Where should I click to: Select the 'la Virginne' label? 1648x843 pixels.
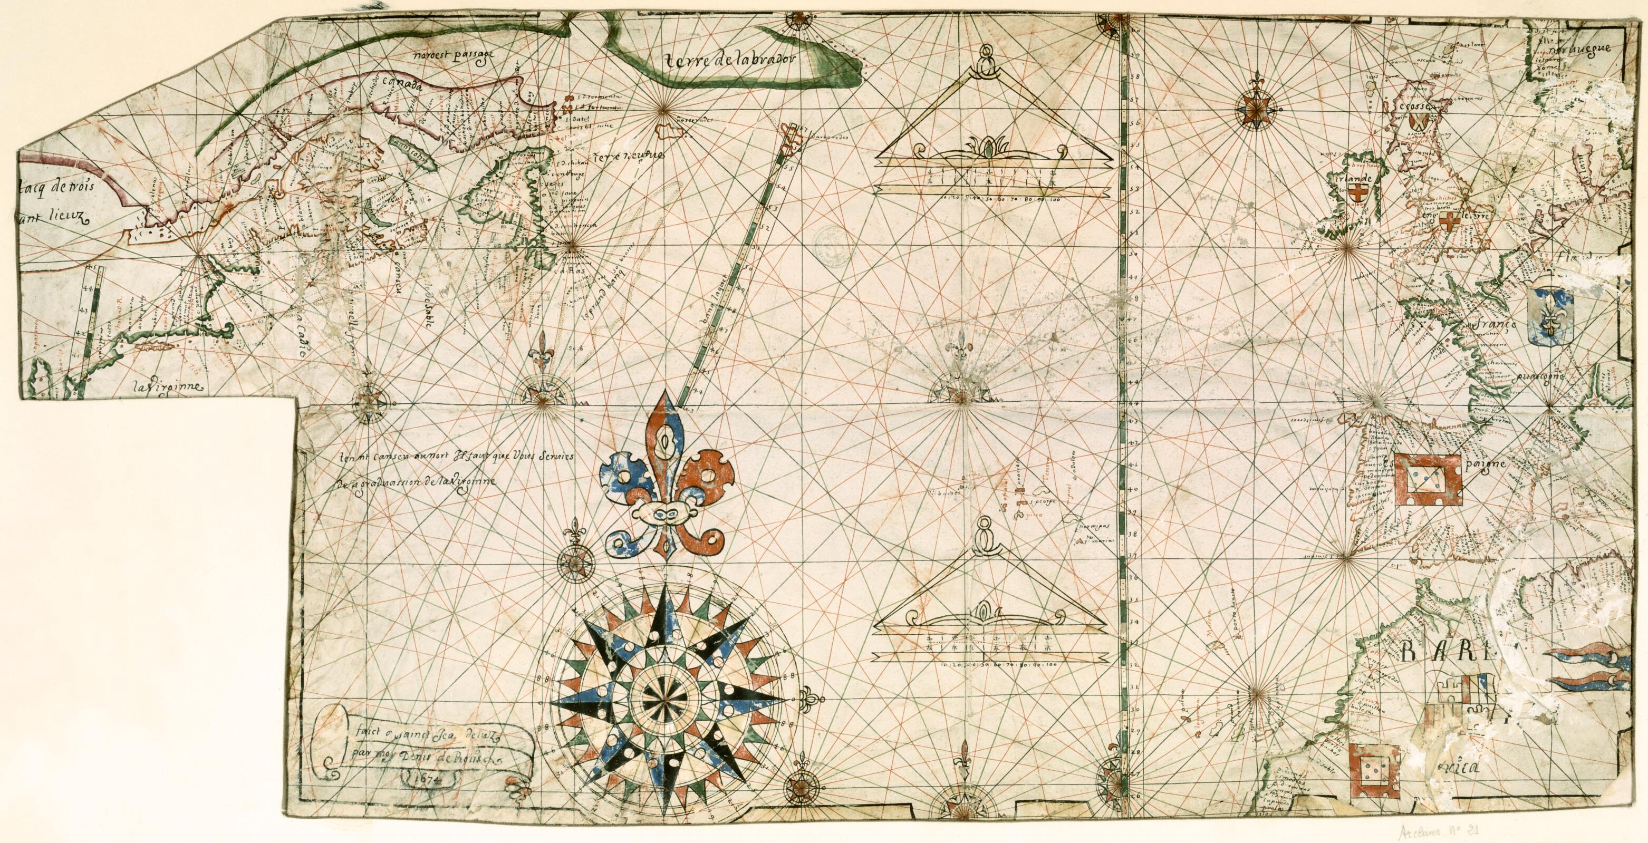[x=168, y=387]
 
